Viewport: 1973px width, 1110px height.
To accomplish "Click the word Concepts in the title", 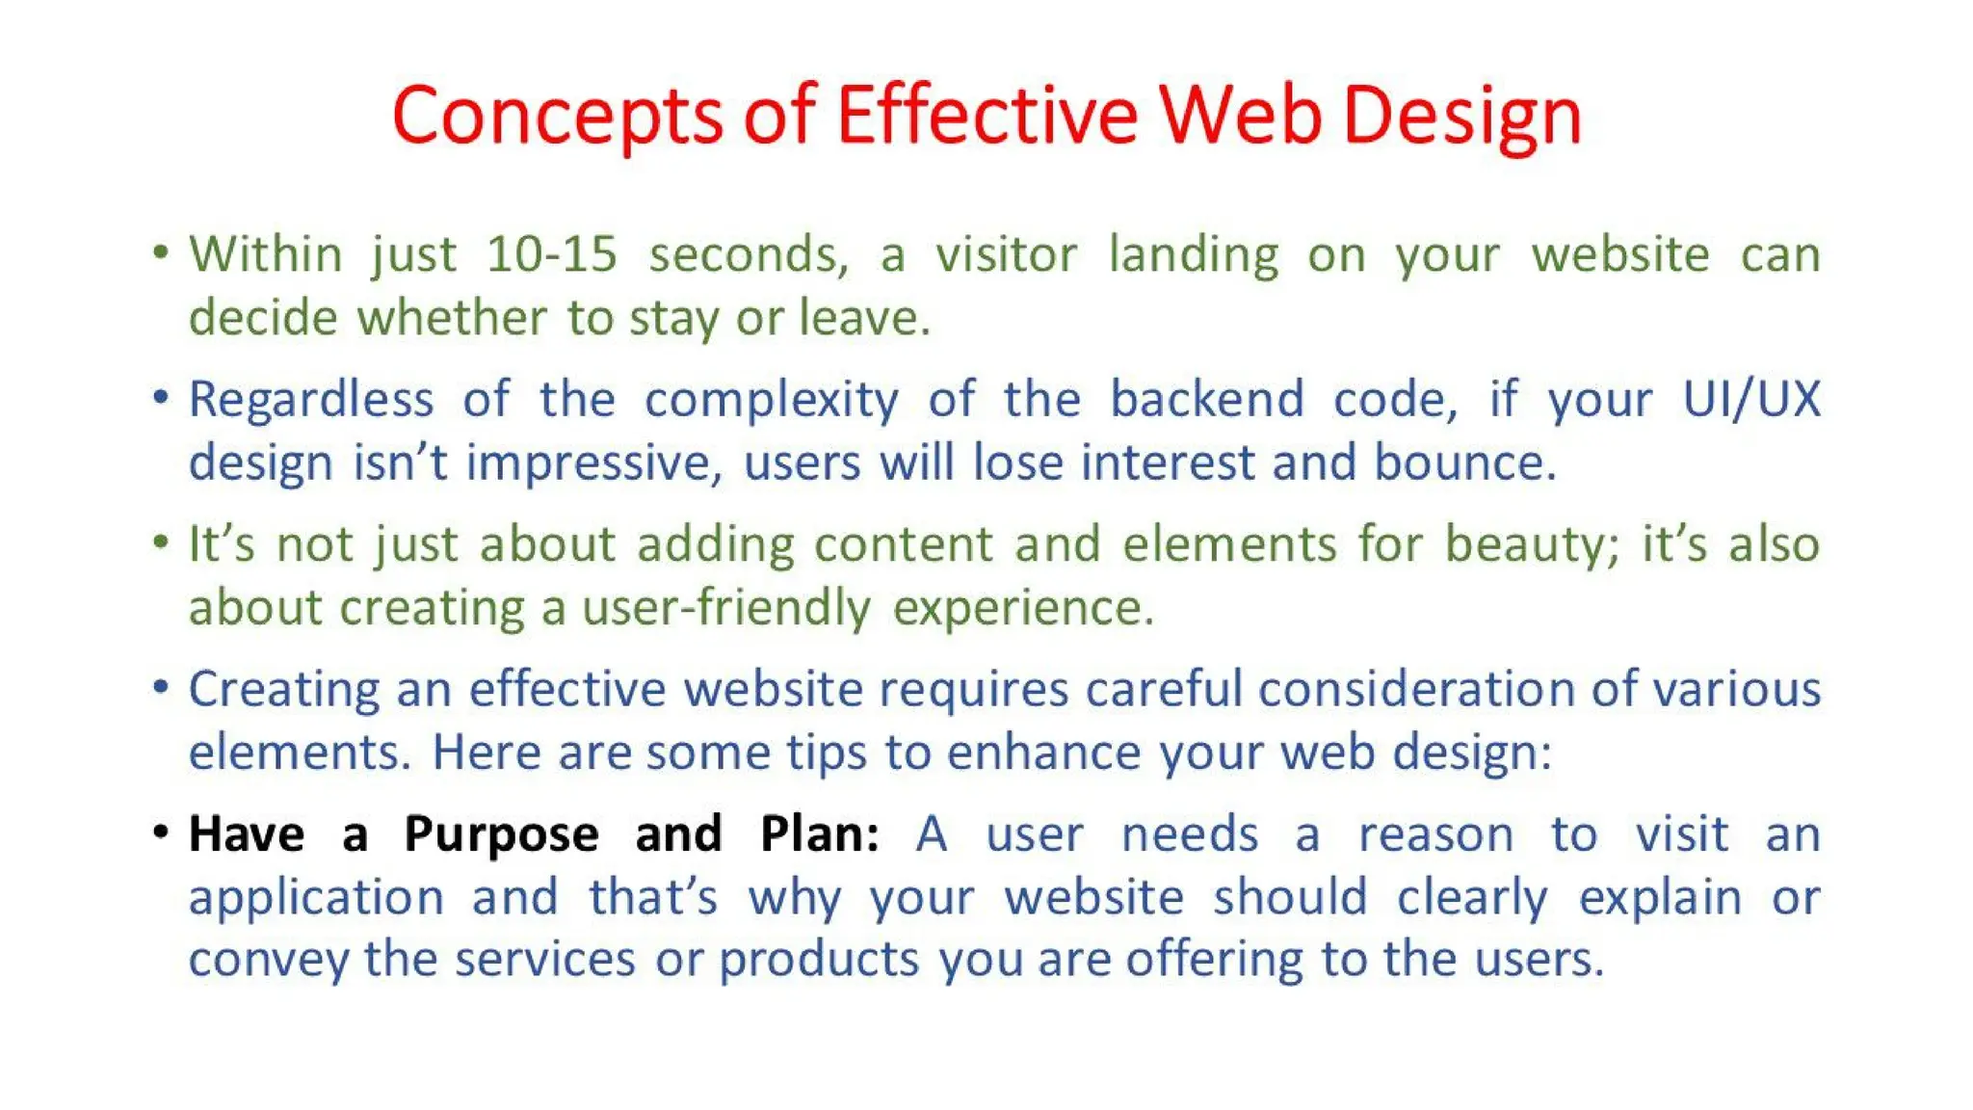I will click(x=556, y=117).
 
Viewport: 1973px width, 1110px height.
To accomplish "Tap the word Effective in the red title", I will click(x=986, y=117).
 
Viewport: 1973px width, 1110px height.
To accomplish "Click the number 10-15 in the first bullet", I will click(x=551, y=255).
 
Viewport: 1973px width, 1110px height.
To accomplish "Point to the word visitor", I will click(x=1006, y=255).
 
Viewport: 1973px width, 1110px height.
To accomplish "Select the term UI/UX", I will click(x=1750, y=399).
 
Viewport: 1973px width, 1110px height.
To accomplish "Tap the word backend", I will click(x=1206, y=399).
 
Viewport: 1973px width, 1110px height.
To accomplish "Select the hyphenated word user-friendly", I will click(x=726, y=609).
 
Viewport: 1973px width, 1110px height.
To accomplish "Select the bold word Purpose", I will click(x=501, y=835).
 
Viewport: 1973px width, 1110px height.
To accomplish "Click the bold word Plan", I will click(x=818, y=834).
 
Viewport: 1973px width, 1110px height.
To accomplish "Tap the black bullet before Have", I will click(x=161, y=831).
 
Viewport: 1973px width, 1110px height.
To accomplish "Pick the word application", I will click(x=316, y=899).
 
